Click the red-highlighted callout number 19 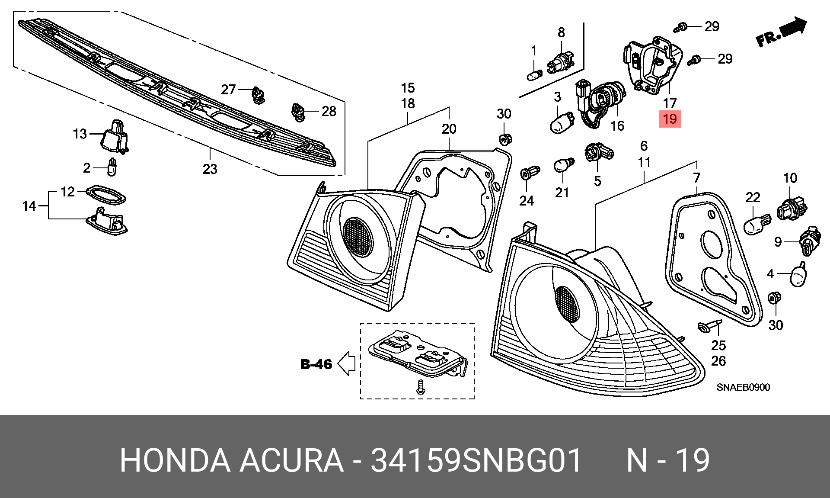[670, 119]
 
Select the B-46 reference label [316, 364]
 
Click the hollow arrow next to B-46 [346, 363]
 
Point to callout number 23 [210, 169]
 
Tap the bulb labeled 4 [799, 274]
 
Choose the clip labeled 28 [297, 112]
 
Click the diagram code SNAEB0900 [743, 387]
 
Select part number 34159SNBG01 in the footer [476, 460]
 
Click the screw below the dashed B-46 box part [420, 387]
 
